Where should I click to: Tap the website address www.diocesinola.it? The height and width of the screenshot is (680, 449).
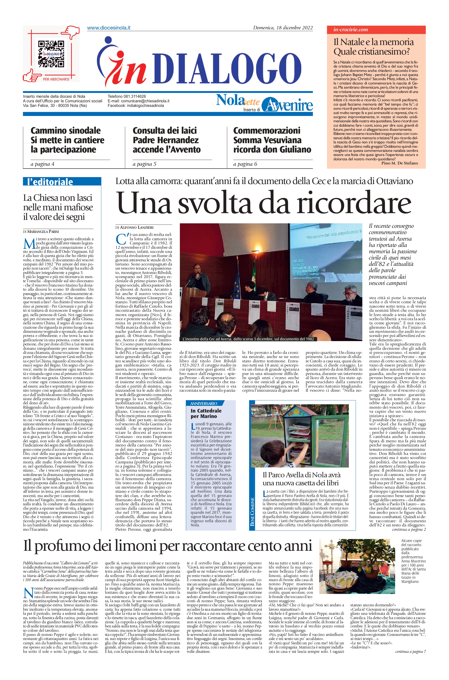109,28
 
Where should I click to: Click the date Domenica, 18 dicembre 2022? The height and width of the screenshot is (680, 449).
283,28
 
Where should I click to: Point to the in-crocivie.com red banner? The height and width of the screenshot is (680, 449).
376,30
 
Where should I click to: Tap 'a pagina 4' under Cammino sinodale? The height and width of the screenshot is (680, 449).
42,164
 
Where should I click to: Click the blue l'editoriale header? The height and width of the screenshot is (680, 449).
62,182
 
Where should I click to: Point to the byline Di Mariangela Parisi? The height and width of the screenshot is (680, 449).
41,231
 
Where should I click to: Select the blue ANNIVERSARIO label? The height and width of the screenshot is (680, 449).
204,404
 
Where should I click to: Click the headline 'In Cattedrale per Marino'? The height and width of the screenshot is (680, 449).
206,413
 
